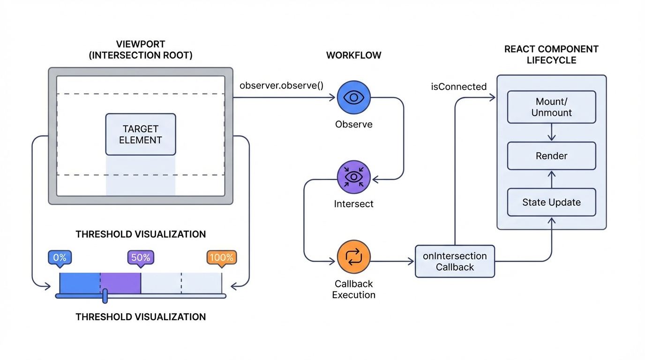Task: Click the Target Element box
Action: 141,134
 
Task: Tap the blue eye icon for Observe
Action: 354,97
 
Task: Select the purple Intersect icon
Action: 354,177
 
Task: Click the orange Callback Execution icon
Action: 354,257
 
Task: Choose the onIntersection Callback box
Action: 455,262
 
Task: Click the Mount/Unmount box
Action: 551,107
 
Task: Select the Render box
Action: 551,156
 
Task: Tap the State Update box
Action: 551,202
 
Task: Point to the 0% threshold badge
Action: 60,257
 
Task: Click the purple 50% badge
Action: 141,257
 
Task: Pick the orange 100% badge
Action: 221,257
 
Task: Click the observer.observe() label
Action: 281,86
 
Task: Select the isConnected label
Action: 458,87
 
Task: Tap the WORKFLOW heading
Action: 353,55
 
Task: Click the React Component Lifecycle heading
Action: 551,54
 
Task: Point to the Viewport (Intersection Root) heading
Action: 141,50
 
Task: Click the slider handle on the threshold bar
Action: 105,296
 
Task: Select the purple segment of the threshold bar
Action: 120,283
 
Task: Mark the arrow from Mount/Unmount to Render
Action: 552,132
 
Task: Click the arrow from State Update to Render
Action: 552,179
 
